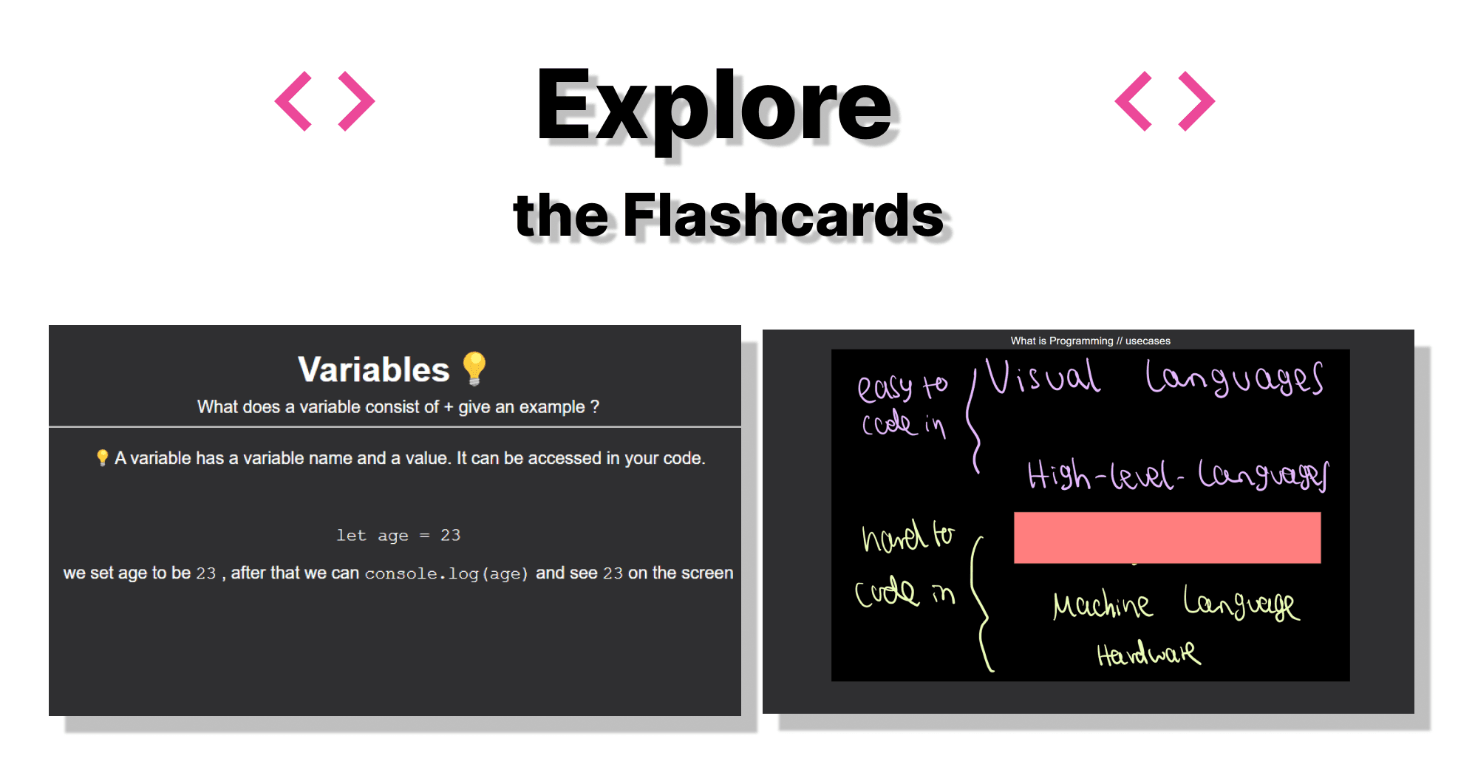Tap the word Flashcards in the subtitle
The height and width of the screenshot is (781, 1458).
[783, 215]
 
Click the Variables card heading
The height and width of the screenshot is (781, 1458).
[373, 369]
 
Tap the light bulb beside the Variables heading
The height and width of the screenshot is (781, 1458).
[474, 368]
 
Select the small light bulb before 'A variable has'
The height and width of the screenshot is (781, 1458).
[102, 458]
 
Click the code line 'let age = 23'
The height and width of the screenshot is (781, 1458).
[398, 535]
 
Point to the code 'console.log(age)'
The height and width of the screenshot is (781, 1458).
[446, 573]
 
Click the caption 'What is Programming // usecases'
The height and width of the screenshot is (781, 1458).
[1090, 341]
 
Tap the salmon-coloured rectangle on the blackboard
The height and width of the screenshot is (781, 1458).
[1167, 538]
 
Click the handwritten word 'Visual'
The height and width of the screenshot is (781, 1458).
[1043, 377]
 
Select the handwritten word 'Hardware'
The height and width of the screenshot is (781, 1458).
[1148, 653]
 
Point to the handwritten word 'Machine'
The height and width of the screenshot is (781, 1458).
[1101, 605]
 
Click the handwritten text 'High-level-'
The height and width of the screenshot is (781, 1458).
[1106, 475]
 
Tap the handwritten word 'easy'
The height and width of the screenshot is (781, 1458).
[885, 388]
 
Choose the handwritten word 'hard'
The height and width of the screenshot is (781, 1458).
[894, 536]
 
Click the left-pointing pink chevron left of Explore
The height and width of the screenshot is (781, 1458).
[293, 101]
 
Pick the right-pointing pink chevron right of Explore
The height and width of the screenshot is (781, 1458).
[1196, 101]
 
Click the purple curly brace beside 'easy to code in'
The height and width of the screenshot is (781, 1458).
[975, 421]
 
